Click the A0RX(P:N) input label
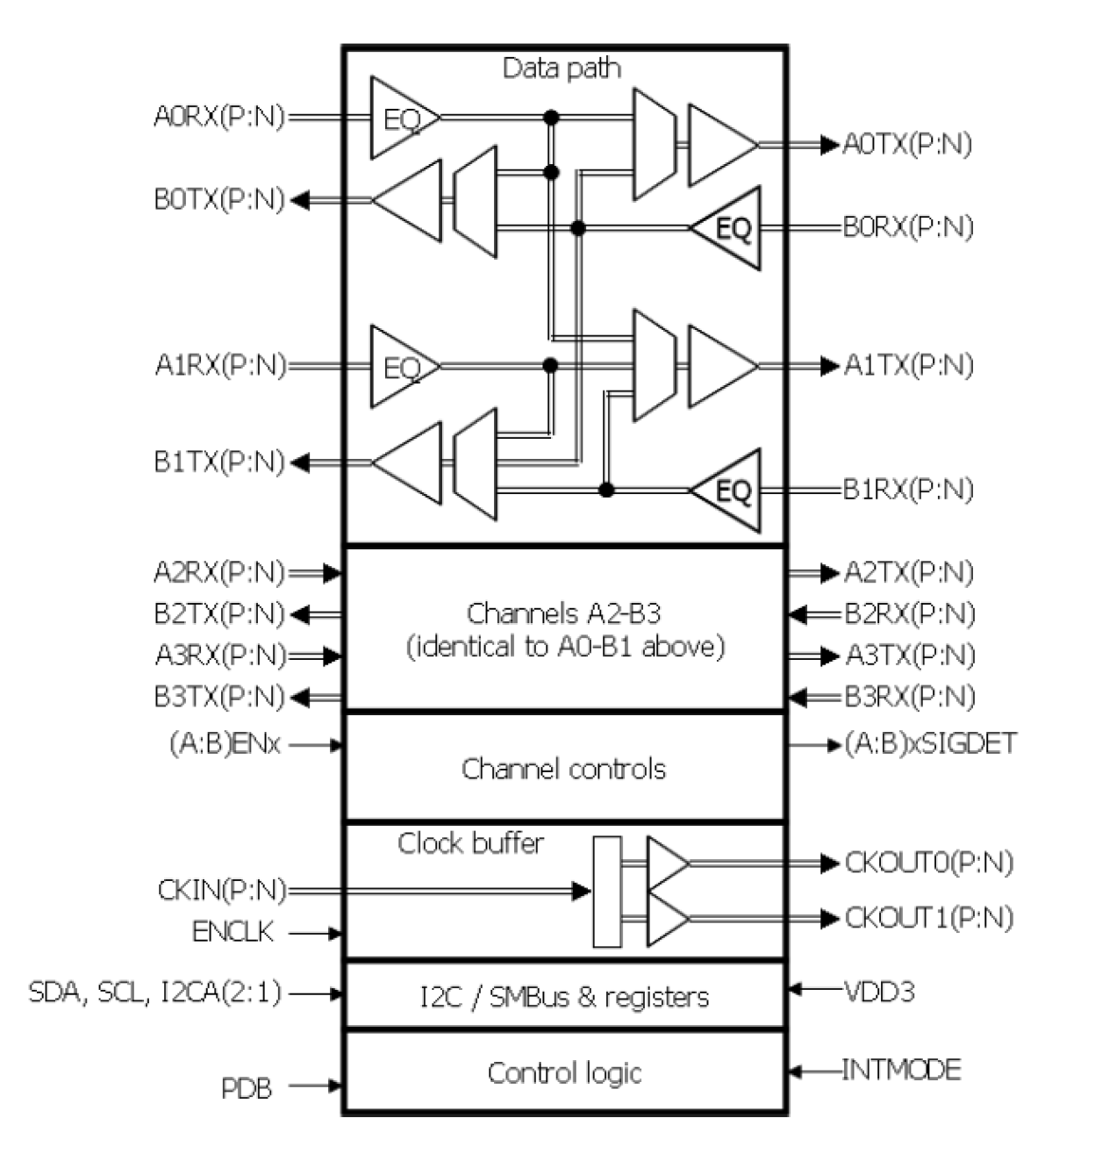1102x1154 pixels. click(219, 117)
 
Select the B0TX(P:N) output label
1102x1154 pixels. click(219, 200)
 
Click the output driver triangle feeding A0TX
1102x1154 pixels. click(719, 145)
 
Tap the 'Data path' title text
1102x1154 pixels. click(562, 68)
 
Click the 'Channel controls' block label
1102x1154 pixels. click(563, 769)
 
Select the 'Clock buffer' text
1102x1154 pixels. click(470, 843)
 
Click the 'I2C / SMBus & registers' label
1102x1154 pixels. click(564, 997)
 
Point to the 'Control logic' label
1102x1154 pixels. click(564, 1072)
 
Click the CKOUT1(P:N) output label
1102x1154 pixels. click(928, 918)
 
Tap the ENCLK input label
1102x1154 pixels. click(233, 932)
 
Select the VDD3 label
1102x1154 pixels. click(878, 992)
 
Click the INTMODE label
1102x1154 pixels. click(901, 1070)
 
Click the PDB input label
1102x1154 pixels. click(247, 1088)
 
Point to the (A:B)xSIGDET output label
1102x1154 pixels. click(930, 744)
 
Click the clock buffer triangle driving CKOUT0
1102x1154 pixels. click(666, 864)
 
